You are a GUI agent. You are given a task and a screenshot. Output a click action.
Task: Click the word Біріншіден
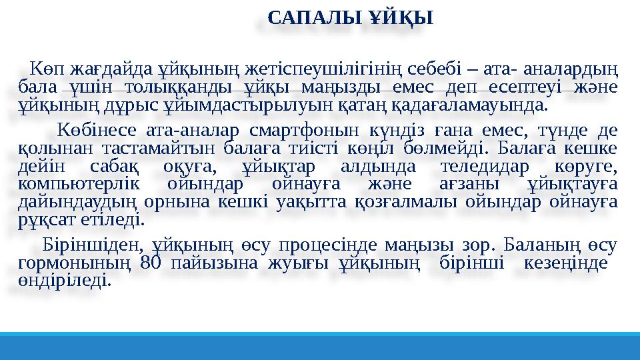[91, 243]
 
